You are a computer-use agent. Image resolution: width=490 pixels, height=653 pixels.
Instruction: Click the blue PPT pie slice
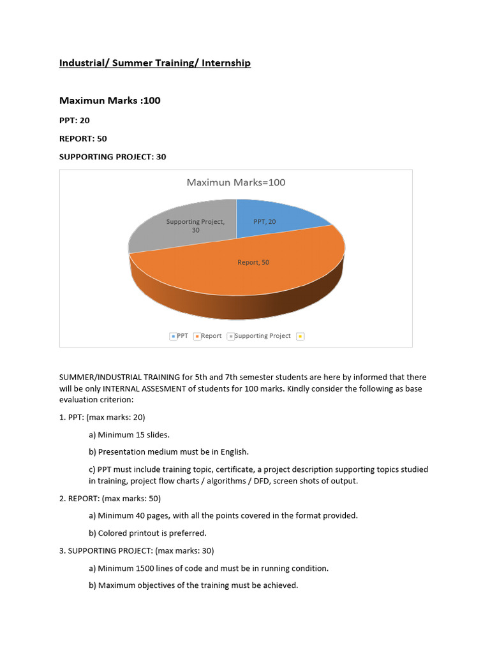coord(281,214)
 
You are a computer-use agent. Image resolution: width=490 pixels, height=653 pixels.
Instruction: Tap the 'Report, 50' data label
coord(253,262)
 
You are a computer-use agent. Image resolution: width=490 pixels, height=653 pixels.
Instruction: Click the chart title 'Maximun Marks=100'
coord(235,182)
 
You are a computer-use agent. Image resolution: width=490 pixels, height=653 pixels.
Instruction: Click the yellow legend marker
coord(301,336)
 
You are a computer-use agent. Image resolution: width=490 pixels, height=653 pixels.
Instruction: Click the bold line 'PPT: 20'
coord(75,120)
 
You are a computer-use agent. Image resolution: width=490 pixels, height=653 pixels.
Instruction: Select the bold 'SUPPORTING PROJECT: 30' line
coord(112,156)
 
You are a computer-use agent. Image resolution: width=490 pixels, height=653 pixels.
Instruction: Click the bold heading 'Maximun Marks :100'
coord(110,101)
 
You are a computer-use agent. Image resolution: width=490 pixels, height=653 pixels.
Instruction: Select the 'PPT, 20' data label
coord(265,221)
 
